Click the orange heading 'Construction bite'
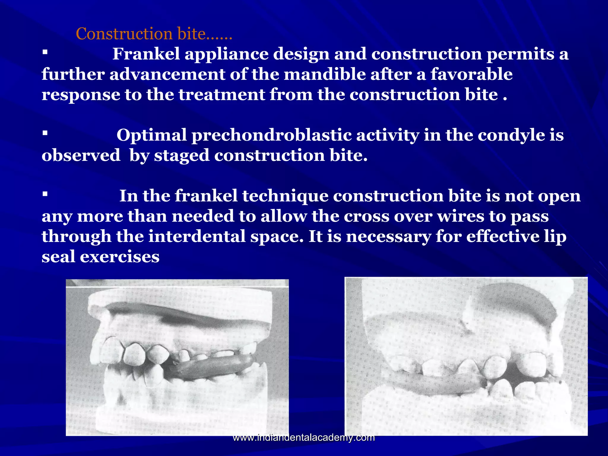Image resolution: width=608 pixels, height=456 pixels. point(154,34)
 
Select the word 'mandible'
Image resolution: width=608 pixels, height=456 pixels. point(325,74)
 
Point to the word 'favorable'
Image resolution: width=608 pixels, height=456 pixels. point(471,74)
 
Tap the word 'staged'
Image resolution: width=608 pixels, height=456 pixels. point(181,156)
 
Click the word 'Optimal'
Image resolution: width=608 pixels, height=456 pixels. point(151,135)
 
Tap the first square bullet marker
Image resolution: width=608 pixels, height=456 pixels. point(45,53)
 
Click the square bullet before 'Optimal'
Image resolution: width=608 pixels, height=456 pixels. point(45,133)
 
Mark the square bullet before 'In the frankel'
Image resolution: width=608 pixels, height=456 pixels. point(45,194)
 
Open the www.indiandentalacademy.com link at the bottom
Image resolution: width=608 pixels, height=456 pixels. point(304,438)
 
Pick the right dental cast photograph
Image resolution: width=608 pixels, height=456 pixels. point(466,356)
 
